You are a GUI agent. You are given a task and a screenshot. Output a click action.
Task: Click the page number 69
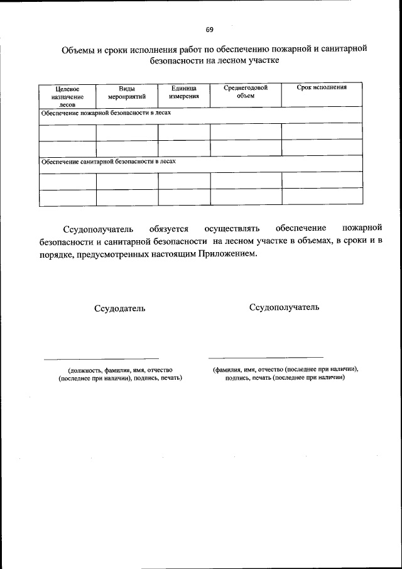pyautogui.click(x=209, y=30)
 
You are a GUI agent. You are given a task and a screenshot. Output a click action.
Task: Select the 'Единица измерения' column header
pyautogui.click(x=183, y=92)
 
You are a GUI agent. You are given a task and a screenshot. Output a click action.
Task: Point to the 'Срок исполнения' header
pyautogui.click(x=322, y=87)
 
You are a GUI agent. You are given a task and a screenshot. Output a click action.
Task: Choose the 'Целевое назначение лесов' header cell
pyautogui.click(x=67, y=97)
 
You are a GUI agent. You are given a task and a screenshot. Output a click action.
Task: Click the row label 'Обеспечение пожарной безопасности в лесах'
pyautogui.click(x=106, y=113)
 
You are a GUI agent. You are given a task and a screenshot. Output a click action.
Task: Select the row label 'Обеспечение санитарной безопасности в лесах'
pyautogui.click(x=108, y=162)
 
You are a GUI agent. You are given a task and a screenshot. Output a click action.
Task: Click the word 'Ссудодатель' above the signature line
pyautogui.click(x=119, y=309)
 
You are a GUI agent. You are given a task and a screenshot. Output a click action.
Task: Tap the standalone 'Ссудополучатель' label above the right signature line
pyautogui.click(x=284, y=307)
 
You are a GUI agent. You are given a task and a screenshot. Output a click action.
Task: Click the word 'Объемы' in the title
pyautogui.click(x=76, y=50)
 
